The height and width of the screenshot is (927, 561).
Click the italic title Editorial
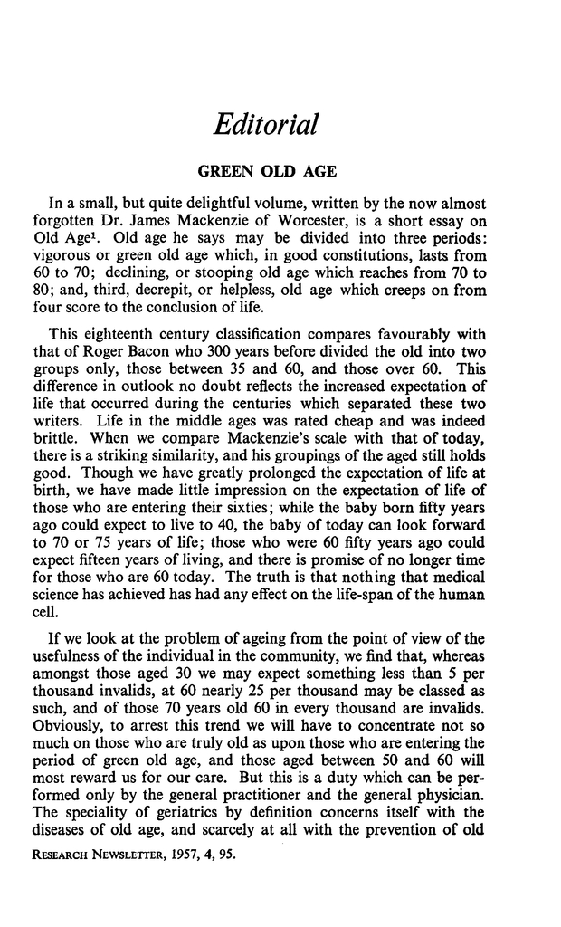coord(264,125)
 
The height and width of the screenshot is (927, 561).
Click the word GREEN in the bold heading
coord(227,170)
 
